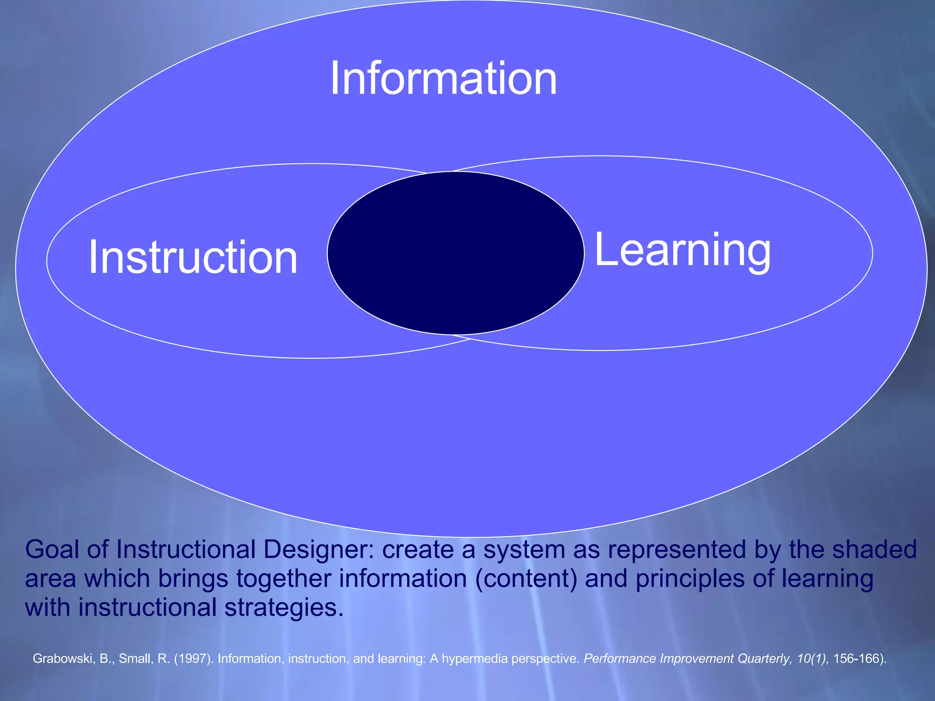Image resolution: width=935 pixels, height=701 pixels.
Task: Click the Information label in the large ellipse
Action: [x=443, y=78]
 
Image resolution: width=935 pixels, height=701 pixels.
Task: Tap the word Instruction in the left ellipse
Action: [x=193, y=257]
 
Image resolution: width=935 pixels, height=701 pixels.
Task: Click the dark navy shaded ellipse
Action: [x=456, y=253]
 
